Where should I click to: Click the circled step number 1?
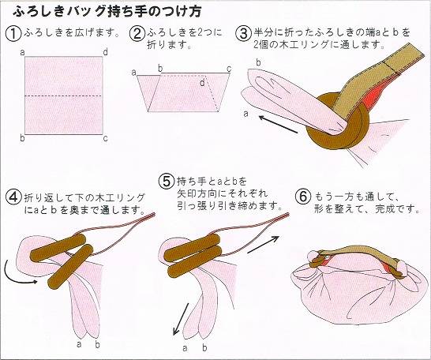(x=13, y=34)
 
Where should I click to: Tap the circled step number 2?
(x=137, y=34)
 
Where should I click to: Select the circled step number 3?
(x=243, y=34)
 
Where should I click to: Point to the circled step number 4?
(x=13, y=197)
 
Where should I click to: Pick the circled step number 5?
(x=167, y=182)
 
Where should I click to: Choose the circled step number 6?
(x=303, y=197)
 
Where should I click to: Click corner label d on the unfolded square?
(x=106, y=52)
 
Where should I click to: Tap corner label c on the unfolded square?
(x=106, y=138)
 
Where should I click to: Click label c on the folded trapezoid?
(x=229, y=69)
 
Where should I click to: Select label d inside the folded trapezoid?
(x=202, y=82)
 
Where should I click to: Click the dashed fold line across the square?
(x=63, y=96)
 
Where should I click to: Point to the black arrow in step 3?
(x=278, y=124)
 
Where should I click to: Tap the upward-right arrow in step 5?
(x=264, y=244)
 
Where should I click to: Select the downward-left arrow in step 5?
(x=181, y=319)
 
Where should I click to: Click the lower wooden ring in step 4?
(x=70, y=267)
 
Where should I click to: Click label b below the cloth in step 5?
(x=204, y=347)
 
